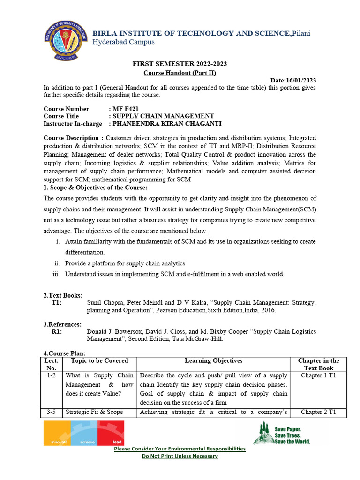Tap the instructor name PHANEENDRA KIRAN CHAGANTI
[x=166, y=124]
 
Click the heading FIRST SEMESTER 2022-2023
[x=180, y=64]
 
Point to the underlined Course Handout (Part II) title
[x=180, y=73]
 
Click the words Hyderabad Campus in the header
[x=123, y=42]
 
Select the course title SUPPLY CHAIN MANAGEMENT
[x=163, y=116]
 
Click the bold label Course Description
[x=74, y=138]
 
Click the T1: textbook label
[x=57, y=303]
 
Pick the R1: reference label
[x=57, y=331]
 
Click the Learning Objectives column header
[x=214, y=360]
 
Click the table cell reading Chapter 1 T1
[x=318, y=375]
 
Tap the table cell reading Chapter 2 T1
[x=318, y=412]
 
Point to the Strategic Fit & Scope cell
[x=94, y=412]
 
